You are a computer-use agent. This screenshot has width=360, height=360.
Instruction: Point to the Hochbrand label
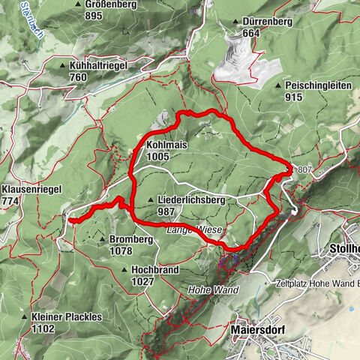click(x=152, y=269)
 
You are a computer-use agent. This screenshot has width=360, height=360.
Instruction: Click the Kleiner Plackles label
click(x=67, y=317)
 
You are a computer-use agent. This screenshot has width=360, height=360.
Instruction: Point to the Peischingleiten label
click(x=318, y=86)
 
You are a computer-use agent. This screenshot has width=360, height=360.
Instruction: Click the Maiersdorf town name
click(x=256, y=329)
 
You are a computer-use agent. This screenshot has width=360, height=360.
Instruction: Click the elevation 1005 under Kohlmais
click(x=159, y=155)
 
